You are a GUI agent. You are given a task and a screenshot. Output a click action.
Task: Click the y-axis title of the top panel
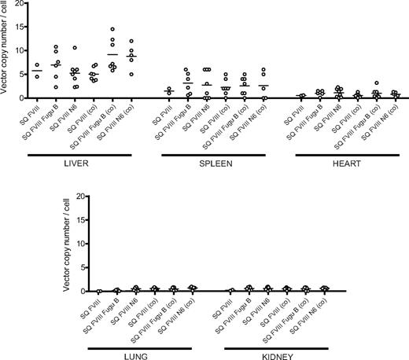pyautogui.click(x=6, y=51)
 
